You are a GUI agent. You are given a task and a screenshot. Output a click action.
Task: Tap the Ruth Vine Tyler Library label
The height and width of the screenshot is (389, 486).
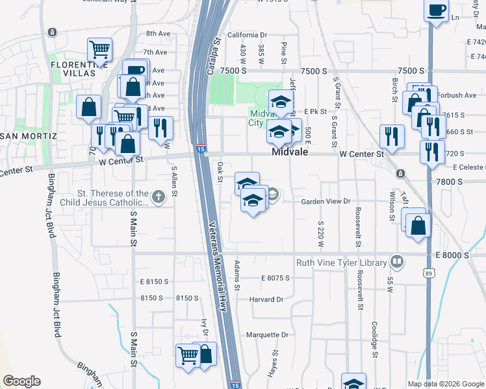click(x=341, y=263)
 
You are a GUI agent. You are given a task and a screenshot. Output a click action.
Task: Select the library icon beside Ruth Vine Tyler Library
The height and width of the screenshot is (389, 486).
click(x=396, y=263)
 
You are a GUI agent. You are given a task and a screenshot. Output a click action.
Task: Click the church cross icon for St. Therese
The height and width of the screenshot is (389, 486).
click(x=158, y=196)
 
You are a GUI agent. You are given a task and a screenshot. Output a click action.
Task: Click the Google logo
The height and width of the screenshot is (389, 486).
click(x=21, y=381)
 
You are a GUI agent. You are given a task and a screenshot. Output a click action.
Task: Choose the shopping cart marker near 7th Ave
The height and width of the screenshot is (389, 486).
click(x=99, y=49)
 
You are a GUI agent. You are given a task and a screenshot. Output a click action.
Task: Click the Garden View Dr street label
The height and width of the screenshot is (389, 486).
click(x=326, y=202)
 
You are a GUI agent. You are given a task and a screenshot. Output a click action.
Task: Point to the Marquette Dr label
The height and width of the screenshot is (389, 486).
click(x=267, y=335)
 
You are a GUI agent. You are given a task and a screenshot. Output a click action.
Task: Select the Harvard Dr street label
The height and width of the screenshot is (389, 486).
click(x=266, y=300)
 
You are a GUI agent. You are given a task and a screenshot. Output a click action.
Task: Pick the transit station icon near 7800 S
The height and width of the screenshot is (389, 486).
click(x=400, y=174)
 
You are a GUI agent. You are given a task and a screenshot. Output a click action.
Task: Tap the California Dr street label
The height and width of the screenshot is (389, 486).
click(x=247, y=35)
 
